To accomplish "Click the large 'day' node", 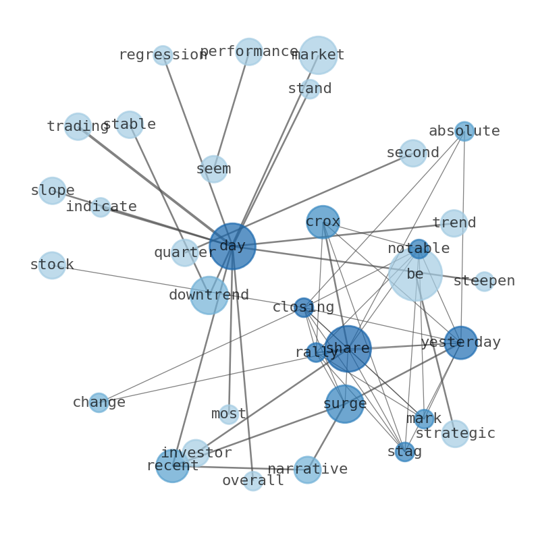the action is [x=232, y=246].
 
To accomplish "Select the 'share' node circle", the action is [x=347, y=349].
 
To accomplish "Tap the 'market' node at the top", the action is [x=318, y=55].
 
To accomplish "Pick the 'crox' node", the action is [x=323, y=222].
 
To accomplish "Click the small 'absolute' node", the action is [x=464, y=131].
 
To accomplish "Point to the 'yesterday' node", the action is [x=460, y=343].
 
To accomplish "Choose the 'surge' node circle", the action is [x=344, y=404].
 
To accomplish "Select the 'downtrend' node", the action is [x=209, y=296].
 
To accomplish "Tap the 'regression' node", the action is [x=163, y=55].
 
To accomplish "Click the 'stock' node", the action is [x=52, y=265].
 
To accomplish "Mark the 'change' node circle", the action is [x=99, y=403].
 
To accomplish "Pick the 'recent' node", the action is [x=172, y=466].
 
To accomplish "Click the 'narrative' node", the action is [x=307, y=470].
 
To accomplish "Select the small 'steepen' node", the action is [x=484, y=281].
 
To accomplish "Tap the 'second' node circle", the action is [x=413, y=153].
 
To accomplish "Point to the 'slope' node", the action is [x=52, y=191].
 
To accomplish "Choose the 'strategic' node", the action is [x=455, y=434].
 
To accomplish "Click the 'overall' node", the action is [x=253, y=481].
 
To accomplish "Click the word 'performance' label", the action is [x=249, y=51].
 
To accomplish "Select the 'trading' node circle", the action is [x=78, y=126].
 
